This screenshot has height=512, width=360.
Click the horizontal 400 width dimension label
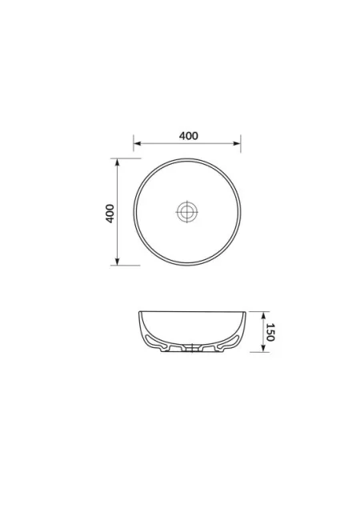[189, 136]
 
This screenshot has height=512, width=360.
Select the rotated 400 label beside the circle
[110, 214]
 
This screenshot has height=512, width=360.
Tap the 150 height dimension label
[270, 332]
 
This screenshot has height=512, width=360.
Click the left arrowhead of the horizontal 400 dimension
[138, 143]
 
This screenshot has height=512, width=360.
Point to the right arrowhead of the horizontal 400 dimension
[237, 143]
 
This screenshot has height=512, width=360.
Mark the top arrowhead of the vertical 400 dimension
[118, 162]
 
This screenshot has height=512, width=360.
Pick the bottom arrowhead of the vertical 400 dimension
[118, 262]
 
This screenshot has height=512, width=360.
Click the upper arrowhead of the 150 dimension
[263, 315]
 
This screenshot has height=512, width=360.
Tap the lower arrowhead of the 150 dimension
[263, 349]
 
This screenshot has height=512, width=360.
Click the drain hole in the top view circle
[187, 211]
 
